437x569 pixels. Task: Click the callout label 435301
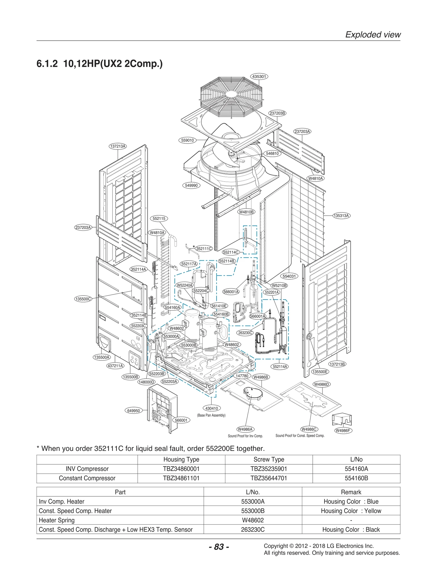pyautogui.click(x=259, y=76)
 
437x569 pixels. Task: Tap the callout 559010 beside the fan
pyautogui.click(x=188, y=140)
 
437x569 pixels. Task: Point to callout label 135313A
pyautogui.click(x=341, y=216)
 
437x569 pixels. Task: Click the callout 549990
pyautogui.click(x=191, y=185)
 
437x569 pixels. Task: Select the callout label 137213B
pyautogui.click(x=337, y=364)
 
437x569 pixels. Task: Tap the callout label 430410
pyautogui.click(x=212, y=408)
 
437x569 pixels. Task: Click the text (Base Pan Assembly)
pyautogui.click(x=211, y=415)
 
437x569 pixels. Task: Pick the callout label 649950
pyautogui.click(x=134, y=411)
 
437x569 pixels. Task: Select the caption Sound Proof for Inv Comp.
pyautogui.click(x=245, y=436)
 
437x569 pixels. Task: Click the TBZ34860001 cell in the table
pyautogui.click(x=181, y=469)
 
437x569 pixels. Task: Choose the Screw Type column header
pyautogui.click(x=269, y=460)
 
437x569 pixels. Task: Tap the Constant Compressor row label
pyautogui.click(x=87, y=478)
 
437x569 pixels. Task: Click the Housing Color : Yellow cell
pyautogui.click(x=351, y=511)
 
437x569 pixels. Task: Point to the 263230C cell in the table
pyautogui.click(x=253, y=529)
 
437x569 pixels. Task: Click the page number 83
pyautogui.click(x=219, y=547)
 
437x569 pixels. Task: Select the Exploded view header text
pyautogui.click(x=373, y=35)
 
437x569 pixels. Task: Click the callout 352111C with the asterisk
pyautogui.click(x=204, y=249)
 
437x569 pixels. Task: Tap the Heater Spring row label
pyautogui.click(x=57, y=520)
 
